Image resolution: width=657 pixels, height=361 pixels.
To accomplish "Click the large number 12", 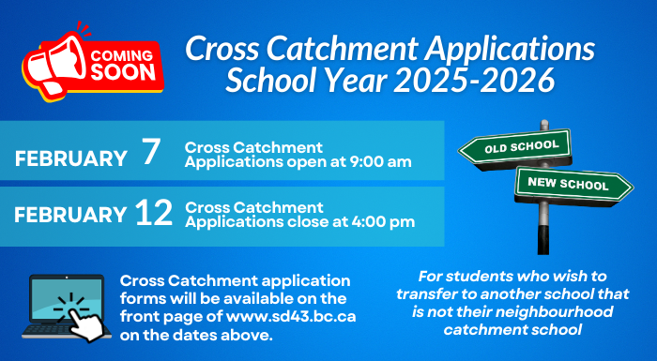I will [x=153, y=214].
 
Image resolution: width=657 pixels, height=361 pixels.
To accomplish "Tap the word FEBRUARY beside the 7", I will [x=70, y=158].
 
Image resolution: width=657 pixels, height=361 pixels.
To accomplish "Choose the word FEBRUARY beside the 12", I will [x=70, y=215].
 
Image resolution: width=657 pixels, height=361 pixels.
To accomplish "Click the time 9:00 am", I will [x=380, y=163].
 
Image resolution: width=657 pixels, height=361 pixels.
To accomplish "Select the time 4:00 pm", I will [x=381, y=221].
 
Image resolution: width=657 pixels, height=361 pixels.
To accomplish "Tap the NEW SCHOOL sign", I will [x=568, y=184].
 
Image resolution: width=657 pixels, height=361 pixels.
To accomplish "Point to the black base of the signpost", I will [x=542, y=239].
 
